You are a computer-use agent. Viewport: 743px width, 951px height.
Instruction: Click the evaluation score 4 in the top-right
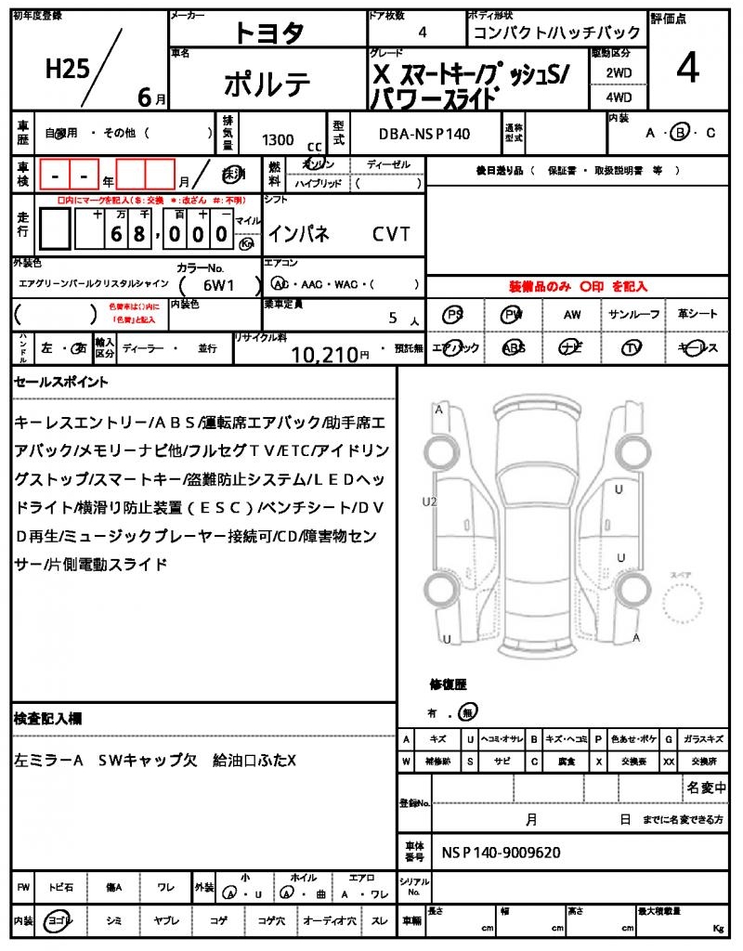pos(687,69)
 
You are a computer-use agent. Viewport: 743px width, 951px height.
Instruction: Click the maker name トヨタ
pos(268,33)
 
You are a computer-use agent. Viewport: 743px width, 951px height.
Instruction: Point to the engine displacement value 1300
pos(278,139)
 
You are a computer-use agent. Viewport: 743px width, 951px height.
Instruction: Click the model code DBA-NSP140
pos(424,134)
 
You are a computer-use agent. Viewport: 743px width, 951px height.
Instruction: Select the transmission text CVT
pos(391,234)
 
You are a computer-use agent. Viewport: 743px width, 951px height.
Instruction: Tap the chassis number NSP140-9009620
pos(501,852)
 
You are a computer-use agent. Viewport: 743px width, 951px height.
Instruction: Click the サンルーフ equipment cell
pos(633,315)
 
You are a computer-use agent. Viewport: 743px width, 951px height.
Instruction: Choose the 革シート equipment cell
pos(697,315)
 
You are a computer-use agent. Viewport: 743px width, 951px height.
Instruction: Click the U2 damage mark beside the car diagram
pos(429,502)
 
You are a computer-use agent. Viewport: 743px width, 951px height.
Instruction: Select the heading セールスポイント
pos(61,382)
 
